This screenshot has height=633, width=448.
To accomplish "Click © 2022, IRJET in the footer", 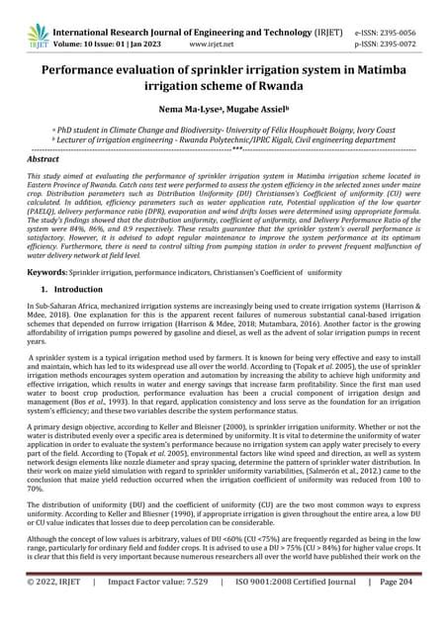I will coord(60,611).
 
